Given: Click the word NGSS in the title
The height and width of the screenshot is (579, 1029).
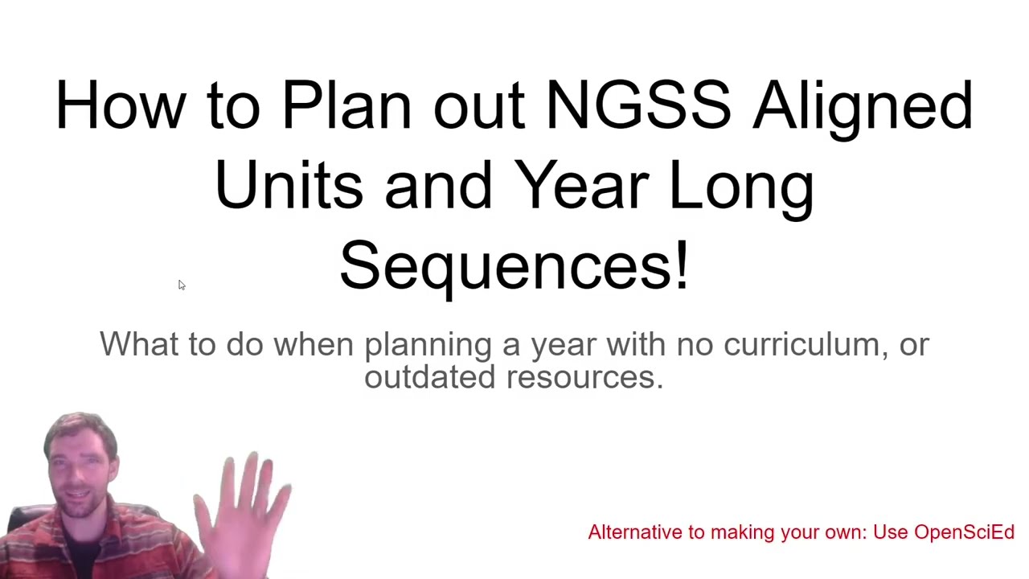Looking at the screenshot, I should pyautogui.click(x=638, y=105).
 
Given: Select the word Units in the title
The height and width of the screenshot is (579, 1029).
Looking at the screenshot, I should pyautogui.click(x=289, y=185).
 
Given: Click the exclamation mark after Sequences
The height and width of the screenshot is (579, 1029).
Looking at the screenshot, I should pyautogui.click(x=682, y=265).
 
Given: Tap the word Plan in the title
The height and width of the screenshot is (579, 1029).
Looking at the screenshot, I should pyautogui.click(x=346, y=105).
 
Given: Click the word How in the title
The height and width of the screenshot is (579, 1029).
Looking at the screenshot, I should pyautogui.click(x=120, y=105).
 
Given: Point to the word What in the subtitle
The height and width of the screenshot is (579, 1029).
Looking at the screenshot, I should pyautogui.click(x=139, y=344).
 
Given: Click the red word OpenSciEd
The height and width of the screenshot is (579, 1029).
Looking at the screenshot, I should pyautogui.click(x=964, y=532).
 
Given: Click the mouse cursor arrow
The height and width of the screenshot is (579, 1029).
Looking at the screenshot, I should pyautogui.click(x=182, y=285).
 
